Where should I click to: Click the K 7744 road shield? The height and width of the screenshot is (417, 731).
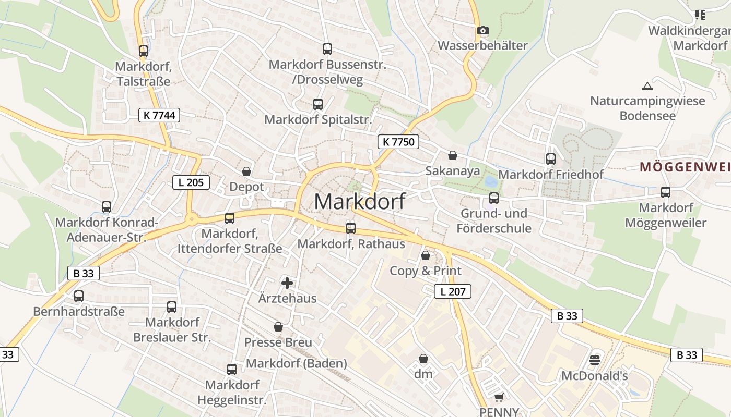pyautogui.click(x=159, y=115)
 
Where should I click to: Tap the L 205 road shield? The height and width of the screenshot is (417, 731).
pyautogui.click(x=191, y=182)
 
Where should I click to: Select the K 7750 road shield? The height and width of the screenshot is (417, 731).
pyautogui.click(x=398, y=141)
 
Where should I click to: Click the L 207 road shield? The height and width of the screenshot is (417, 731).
pyautogui.click(x=453, y=291)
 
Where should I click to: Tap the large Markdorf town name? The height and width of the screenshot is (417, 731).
pyautogui.click(x=360, y=202)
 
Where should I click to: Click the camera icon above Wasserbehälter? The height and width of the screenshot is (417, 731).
pyautogui.click(x=483, y=31)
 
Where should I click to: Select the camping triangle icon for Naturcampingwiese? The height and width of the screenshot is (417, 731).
pyautogui.click(x=647, y=86)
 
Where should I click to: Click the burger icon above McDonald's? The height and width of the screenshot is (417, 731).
pyautogui.click(x=594, y=360)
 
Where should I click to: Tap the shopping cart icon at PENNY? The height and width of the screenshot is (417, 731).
pyautogui.click(x=499, y=398)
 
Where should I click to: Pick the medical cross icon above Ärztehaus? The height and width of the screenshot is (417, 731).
pyautogui.click(x=287, y=283)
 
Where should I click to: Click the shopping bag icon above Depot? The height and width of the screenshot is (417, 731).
pyautogui.click(x=246, y=171)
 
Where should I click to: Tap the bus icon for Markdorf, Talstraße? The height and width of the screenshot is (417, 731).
pyautogui.click(x=144, y=51)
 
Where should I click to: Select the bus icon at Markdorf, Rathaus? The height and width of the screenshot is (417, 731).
pyautogui.click(x=351, y=228)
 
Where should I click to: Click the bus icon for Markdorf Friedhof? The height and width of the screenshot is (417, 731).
pyautogui.click(x=551, y=159)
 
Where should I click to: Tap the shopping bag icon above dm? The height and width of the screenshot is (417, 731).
pyautogui.click(x=423, y=359)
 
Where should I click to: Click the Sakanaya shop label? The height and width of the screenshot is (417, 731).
pyautogui.click(x=453, y=171)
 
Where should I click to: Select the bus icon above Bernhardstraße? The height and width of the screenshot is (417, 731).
pyautogui.click(x=79, y=296)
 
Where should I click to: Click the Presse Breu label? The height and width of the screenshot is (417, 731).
pyautogui.click(x=278, y=342)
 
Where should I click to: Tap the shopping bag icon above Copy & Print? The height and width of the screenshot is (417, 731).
pyautogui.click(x=426, y=255)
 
